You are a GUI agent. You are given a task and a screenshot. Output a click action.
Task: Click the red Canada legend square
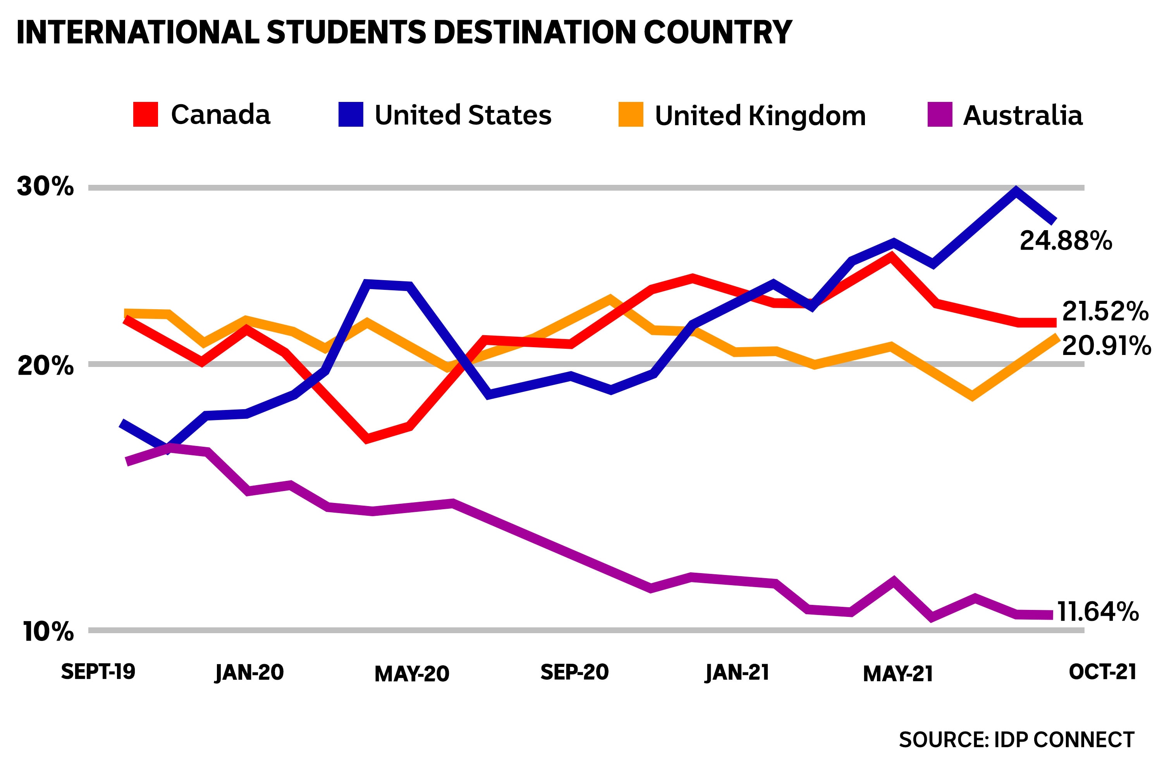146,114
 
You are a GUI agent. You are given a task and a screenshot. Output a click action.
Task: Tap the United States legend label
463,115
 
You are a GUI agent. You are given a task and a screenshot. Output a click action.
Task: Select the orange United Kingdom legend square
631,115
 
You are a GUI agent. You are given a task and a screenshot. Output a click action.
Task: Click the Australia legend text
1023,115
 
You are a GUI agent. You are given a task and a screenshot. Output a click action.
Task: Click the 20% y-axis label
45,366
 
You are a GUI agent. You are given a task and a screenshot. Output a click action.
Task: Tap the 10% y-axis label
48,632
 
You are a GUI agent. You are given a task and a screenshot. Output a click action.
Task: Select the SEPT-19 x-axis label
98,672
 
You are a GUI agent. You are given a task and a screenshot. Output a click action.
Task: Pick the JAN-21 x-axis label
737,673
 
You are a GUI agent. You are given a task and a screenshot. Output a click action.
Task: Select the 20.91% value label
1106,346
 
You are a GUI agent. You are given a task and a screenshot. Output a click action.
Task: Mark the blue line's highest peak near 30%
1016,190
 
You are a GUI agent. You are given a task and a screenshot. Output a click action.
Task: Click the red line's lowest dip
367,438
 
